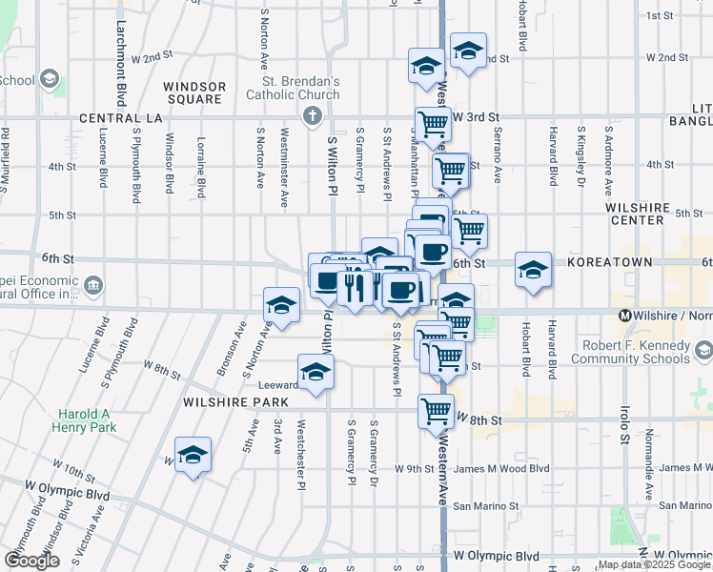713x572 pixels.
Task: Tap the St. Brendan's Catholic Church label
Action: (x=293, y=88)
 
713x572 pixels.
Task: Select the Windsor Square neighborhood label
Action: (x=194, y=92)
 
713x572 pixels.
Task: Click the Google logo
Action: (x=31, y=561)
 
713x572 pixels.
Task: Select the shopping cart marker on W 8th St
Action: (x=436, y=411)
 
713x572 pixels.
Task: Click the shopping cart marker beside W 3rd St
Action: (x=434, y=122)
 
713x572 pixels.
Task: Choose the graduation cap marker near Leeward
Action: (x=316, y=371)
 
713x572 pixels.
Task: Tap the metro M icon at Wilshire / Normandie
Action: (x=625, y=316)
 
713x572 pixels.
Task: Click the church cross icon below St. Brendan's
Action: (x=311, y=117)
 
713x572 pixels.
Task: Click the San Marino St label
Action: (x=484, y=506)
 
